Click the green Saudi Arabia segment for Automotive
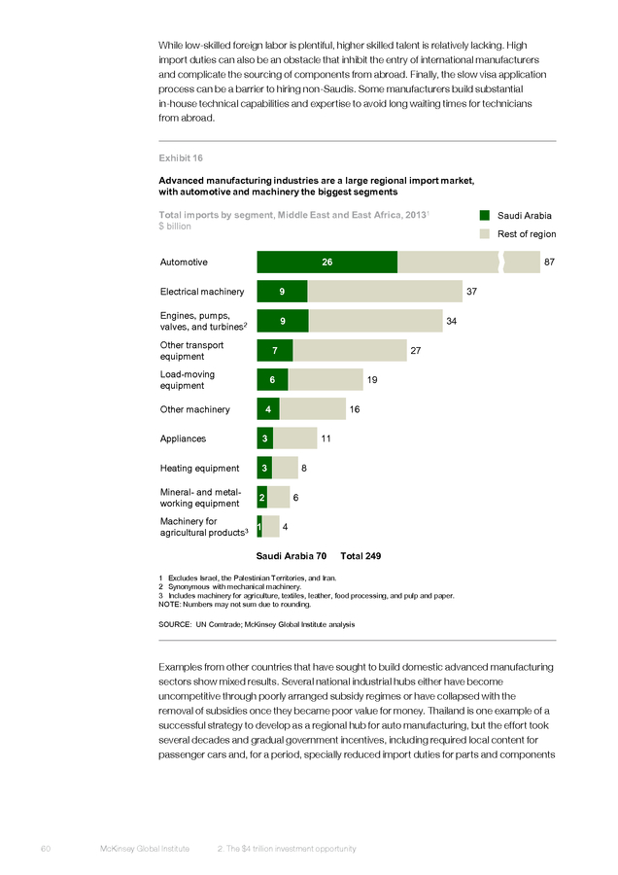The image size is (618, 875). pos(327,262)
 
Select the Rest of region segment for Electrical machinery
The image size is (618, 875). pos(385,292)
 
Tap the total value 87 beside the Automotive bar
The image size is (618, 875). pos(549,262)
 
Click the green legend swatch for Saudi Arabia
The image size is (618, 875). pos(485,216)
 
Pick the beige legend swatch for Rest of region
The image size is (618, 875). pos(485,233)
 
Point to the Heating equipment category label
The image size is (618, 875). pos(199,469)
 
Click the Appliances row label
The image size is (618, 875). pos(183,438)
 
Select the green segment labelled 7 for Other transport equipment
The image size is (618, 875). pos(275,350)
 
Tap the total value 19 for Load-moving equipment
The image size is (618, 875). pos(372,380)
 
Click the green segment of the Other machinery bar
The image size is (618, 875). pos(268,409)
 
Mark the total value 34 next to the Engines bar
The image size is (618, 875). pos(451,321)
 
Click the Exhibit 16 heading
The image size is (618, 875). pos(181,157)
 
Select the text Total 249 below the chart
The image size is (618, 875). pos(360,556)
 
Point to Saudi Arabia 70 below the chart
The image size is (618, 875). pos(292,556)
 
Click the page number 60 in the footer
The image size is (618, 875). pos(46,849)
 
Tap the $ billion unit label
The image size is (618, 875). pos(175,226)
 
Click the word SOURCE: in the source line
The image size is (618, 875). pos(175,624)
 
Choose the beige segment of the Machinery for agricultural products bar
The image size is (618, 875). pos(270,527)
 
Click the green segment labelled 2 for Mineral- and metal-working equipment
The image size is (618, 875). pos(262,497)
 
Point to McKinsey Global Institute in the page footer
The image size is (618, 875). pos(145,849)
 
